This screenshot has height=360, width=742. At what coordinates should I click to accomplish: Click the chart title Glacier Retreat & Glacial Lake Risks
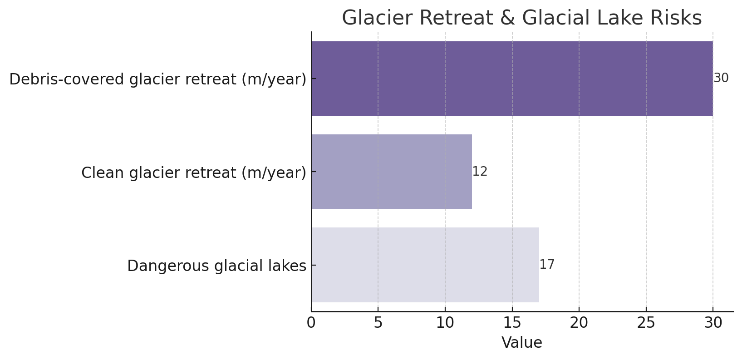tap(522, 18)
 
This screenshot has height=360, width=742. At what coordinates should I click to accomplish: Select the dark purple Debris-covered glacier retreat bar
tap(512, 79)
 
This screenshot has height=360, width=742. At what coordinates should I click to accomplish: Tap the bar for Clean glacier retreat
tap(392, 172)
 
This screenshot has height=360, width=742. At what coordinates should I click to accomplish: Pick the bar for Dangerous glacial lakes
tap(425, 265)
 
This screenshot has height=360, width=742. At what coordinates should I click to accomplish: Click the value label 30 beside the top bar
tap(721, 78)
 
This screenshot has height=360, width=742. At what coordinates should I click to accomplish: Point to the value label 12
tap(480, 172)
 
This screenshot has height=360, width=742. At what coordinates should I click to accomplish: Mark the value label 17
tap(547, 265)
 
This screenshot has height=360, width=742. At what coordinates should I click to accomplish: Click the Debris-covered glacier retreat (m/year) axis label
tap(157, 79)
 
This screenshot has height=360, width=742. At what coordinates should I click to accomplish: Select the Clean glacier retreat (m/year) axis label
tap(194, 173)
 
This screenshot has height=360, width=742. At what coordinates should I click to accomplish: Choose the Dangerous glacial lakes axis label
tap(216, 266)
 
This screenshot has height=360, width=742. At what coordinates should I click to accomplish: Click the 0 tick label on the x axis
tap(311, 323)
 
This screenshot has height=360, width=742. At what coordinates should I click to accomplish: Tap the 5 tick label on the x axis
tap(378, 323)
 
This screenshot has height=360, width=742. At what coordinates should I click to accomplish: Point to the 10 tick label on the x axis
tap(445, 323)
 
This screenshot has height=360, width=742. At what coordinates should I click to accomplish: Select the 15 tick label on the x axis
tap(512, 323)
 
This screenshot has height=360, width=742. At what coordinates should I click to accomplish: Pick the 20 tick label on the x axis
tap(579, 323)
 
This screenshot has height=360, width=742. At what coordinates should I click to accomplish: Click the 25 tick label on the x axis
tap(646, 323)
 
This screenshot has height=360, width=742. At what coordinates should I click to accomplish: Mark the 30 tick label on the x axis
tap(713, 323)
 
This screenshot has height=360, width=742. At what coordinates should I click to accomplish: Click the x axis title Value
tap(522, 343)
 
